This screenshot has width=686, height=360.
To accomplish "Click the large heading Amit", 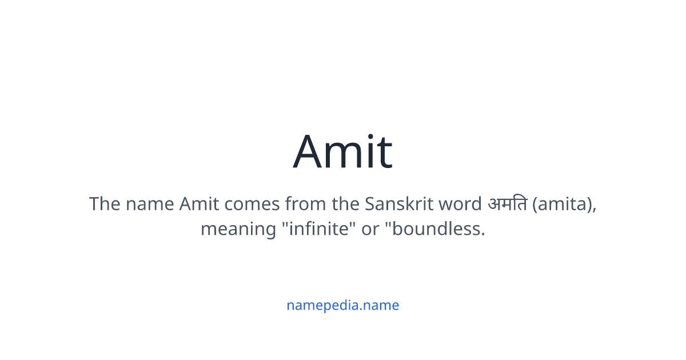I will pyautogui.click(x=343, y=152).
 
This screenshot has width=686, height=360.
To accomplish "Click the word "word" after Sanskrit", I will pyautogui.click(x=460, y=204).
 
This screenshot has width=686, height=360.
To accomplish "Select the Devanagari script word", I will pyautogui.click(x=507, y=204).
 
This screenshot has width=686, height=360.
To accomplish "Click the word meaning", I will pyautogui.click(x=237, y=229).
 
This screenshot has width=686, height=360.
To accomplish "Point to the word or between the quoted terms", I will pyautogui.click(x=371, y=229).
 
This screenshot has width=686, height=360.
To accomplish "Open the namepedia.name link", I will pyautogui.click(x=343, y=305).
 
